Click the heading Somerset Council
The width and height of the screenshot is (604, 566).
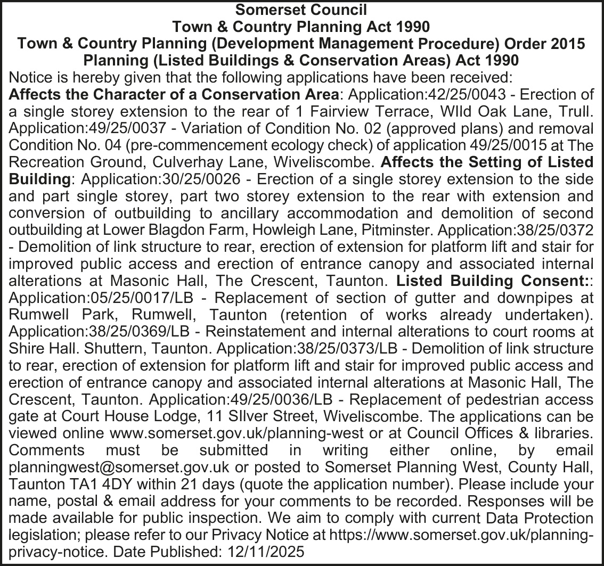[x=301, y=10]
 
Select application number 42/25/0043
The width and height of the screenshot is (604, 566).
[x=483, y=95]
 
